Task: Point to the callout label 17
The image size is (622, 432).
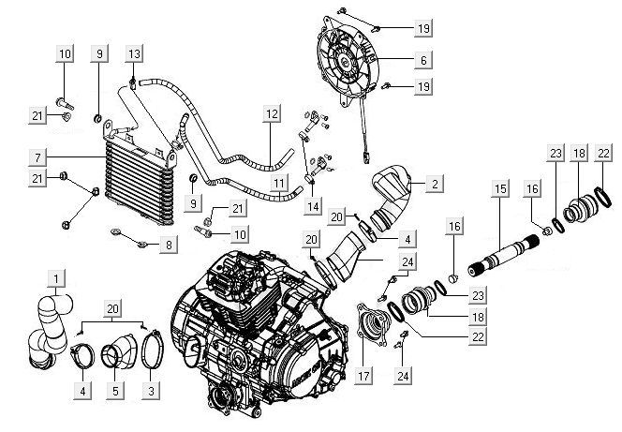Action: pos(362,378)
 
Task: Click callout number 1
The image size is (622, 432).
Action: pos(58,279)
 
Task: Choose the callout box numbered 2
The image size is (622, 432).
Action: pos(435,185)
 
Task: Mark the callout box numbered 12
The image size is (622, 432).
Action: pos(272,115)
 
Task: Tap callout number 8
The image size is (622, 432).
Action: pos(169,245)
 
